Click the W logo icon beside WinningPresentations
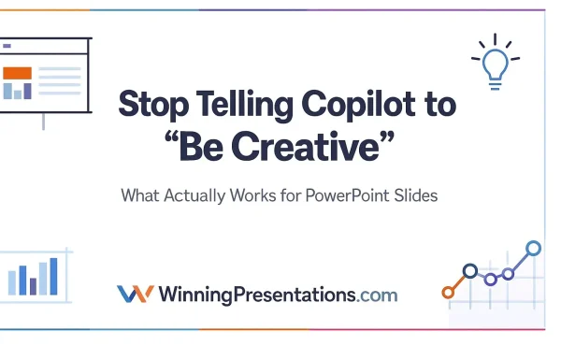135,294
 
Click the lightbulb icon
494,64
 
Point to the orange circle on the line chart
448,293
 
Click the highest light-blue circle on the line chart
533,248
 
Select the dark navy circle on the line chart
470,271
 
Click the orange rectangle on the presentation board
17,73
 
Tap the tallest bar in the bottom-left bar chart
53,275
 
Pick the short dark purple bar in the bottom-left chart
33,284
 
